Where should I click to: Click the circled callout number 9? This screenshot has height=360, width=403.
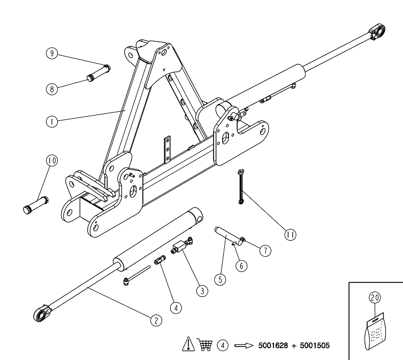click(52, 53)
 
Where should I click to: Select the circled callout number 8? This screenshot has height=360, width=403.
click(52, 89)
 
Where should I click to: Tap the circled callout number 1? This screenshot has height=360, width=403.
click(52, 121)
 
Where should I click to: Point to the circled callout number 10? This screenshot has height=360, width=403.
click(52, 160)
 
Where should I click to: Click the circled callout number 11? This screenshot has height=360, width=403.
click(290, 235)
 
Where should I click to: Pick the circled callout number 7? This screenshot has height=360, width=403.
click(265, 250)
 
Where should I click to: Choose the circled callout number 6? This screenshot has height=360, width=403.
click(241, 266)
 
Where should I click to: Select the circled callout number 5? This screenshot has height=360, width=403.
click(220, 279)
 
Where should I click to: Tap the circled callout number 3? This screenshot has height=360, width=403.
click(202, 291)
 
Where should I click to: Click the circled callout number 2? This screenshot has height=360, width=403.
click(156, 320)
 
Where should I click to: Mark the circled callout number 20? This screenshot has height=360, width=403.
click(375, 297)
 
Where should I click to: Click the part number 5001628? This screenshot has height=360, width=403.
click(273, 346)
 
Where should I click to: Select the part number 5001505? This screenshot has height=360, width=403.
click(315, 346)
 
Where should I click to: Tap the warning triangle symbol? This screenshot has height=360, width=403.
click(188, 344)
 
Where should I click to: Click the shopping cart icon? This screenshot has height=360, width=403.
click(206, 345)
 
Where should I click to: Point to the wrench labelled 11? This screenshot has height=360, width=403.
click(240, 187)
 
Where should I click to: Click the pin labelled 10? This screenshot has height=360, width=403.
click(36, 205)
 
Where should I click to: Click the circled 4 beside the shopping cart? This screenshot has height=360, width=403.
click(223, 346)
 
